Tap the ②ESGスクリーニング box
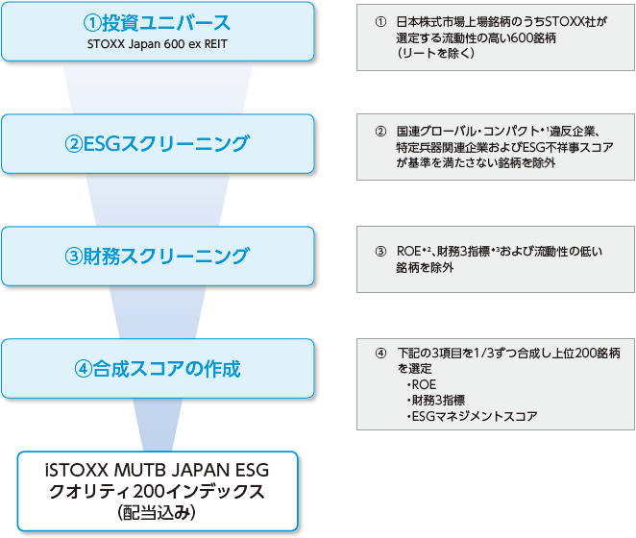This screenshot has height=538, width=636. coord(158,144)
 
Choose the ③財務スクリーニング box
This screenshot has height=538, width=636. coord(158,257)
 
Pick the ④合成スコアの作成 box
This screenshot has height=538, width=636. coord(158,368)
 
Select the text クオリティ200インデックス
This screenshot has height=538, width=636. coord(158,492)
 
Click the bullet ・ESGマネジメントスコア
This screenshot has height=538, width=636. coord(471,416)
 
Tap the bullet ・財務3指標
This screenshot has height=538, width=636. coord(437,401)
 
